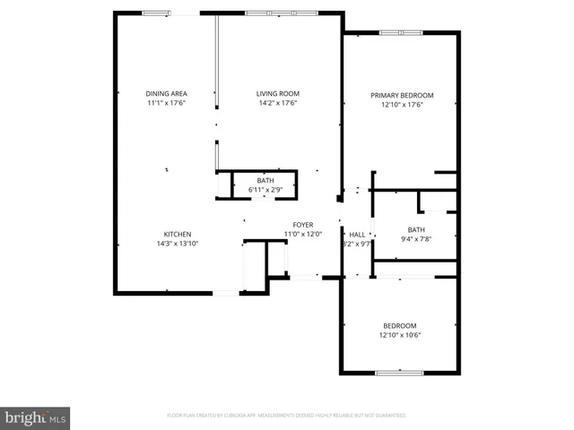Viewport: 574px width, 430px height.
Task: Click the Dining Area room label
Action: tap(166, 94)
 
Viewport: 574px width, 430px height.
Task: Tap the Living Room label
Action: tap(277, 94)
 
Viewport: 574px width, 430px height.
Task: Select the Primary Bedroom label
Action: tap(403, 95)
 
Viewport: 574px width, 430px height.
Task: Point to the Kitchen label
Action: tap(177, 235)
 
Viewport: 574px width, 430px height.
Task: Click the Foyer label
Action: tap(302, 225)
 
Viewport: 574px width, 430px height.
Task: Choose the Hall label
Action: tap(357, 235)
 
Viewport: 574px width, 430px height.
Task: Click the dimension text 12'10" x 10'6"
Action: tap(400, 335)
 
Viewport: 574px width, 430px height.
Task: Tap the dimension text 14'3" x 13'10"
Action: tap(177, 244)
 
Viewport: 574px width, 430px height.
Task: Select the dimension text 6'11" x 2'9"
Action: tap(265, 190)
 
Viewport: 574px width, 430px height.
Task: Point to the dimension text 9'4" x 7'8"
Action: tap(416, 238)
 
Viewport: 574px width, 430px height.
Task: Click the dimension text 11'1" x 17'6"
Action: tap(166, 103)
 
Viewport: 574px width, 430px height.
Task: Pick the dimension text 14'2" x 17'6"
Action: tap(277, 103)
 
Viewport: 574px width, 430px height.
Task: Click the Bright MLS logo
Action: tap(35, 417)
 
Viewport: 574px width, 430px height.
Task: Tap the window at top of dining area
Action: tap(156, 13)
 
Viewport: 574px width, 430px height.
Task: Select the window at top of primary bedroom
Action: tap(401, 33)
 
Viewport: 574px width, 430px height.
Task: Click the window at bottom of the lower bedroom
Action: tap(399, 372)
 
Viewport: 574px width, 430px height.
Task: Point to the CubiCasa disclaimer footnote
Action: tap(287, 416)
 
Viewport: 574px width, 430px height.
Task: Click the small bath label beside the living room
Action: tap(265, 181)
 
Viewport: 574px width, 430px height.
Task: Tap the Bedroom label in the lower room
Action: tap(400, 326)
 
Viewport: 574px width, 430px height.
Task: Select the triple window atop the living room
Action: tap(282, 13)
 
